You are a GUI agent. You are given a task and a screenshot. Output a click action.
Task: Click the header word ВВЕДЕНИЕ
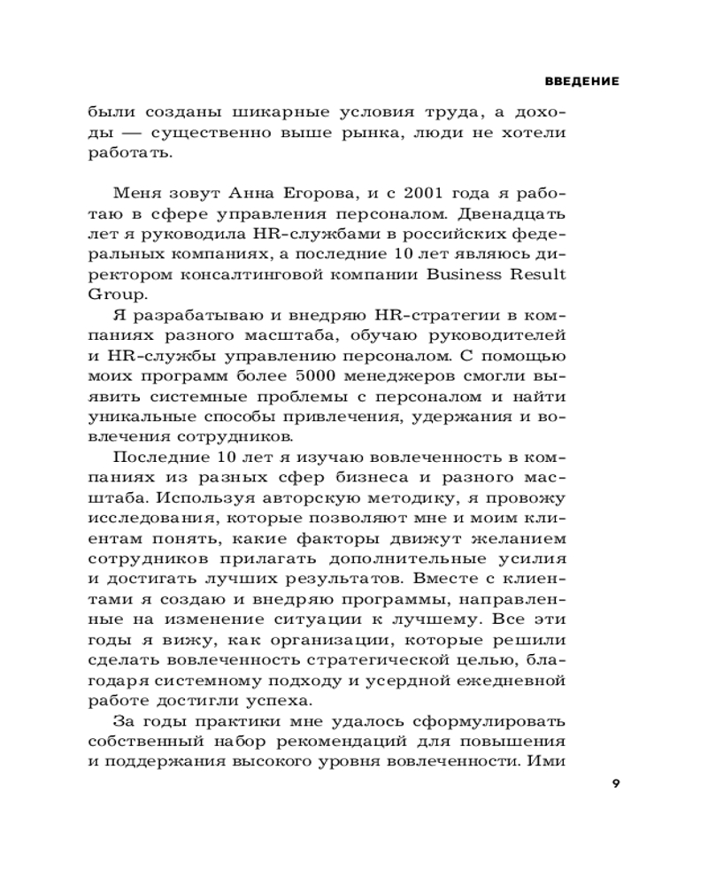(581, 81)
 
